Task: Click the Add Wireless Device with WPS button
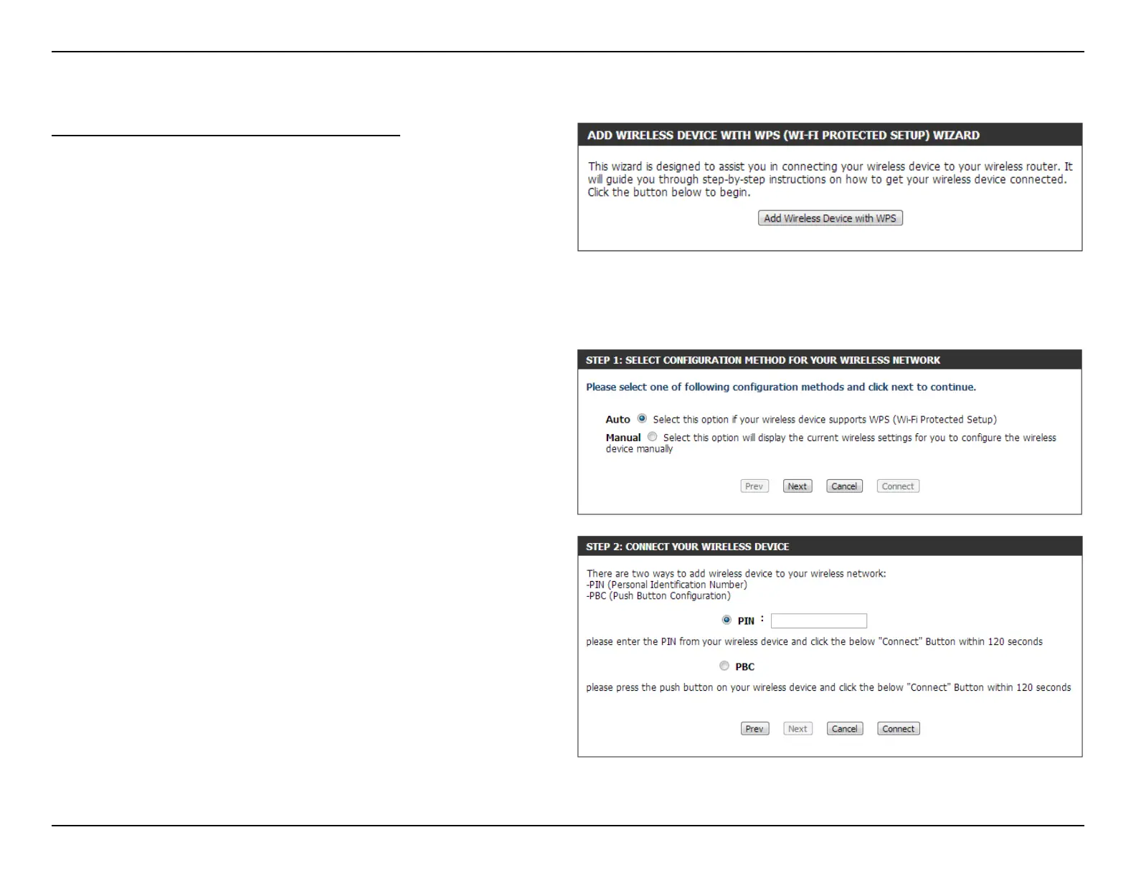pos(830,218)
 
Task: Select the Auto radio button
pos(642,419)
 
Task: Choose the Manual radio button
pos(652,437)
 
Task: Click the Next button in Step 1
pos(797,486)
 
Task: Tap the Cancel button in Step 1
pos(844,486)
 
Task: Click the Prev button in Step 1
pos(754,486)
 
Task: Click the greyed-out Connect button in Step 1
pos(898,486)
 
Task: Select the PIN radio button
pos(726,620)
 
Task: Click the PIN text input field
pos(818,621)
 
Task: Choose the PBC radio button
pos(724,666)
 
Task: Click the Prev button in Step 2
pos(754,729)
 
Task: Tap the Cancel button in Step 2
pos(844,729)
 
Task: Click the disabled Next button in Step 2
pos(797,729)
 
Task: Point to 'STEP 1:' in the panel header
pos(603,360)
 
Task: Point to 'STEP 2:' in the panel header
pos(603,547)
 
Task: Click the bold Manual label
pos(623,438)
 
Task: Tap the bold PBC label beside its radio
pos(744,667)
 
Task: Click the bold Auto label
pos(617,420)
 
